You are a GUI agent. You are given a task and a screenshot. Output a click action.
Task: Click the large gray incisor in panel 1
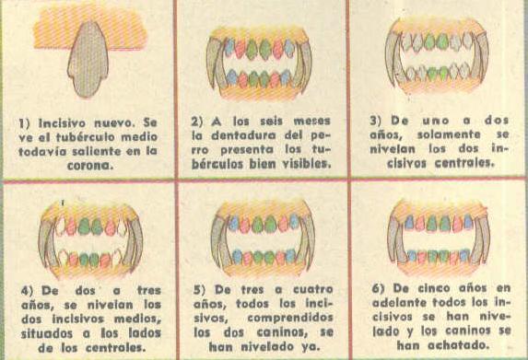click(x=88, y=61)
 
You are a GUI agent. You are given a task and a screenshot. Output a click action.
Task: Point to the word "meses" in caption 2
click(x=311, y=121)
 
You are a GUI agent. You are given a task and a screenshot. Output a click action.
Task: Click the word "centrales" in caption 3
click(x=464, y=163)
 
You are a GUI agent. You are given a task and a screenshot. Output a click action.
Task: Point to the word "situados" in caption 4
click(x=47, y=333)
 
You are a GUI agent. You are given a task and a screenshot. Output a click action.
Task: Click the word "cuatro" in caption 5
click(x=312, y=290)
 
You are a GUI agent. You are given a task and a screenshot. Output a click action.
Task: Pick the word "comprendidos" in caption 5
click(x=290, y=318)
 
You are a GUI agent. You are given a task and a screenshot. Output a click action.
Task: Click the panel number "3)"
click(x=377, y=121)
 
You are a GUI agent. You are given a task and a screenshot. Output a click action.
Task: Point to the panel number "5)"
click(x=200, y=290)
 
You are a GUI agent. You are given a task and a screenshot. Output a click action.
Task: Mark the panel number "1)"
click(x=24, y=123)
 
